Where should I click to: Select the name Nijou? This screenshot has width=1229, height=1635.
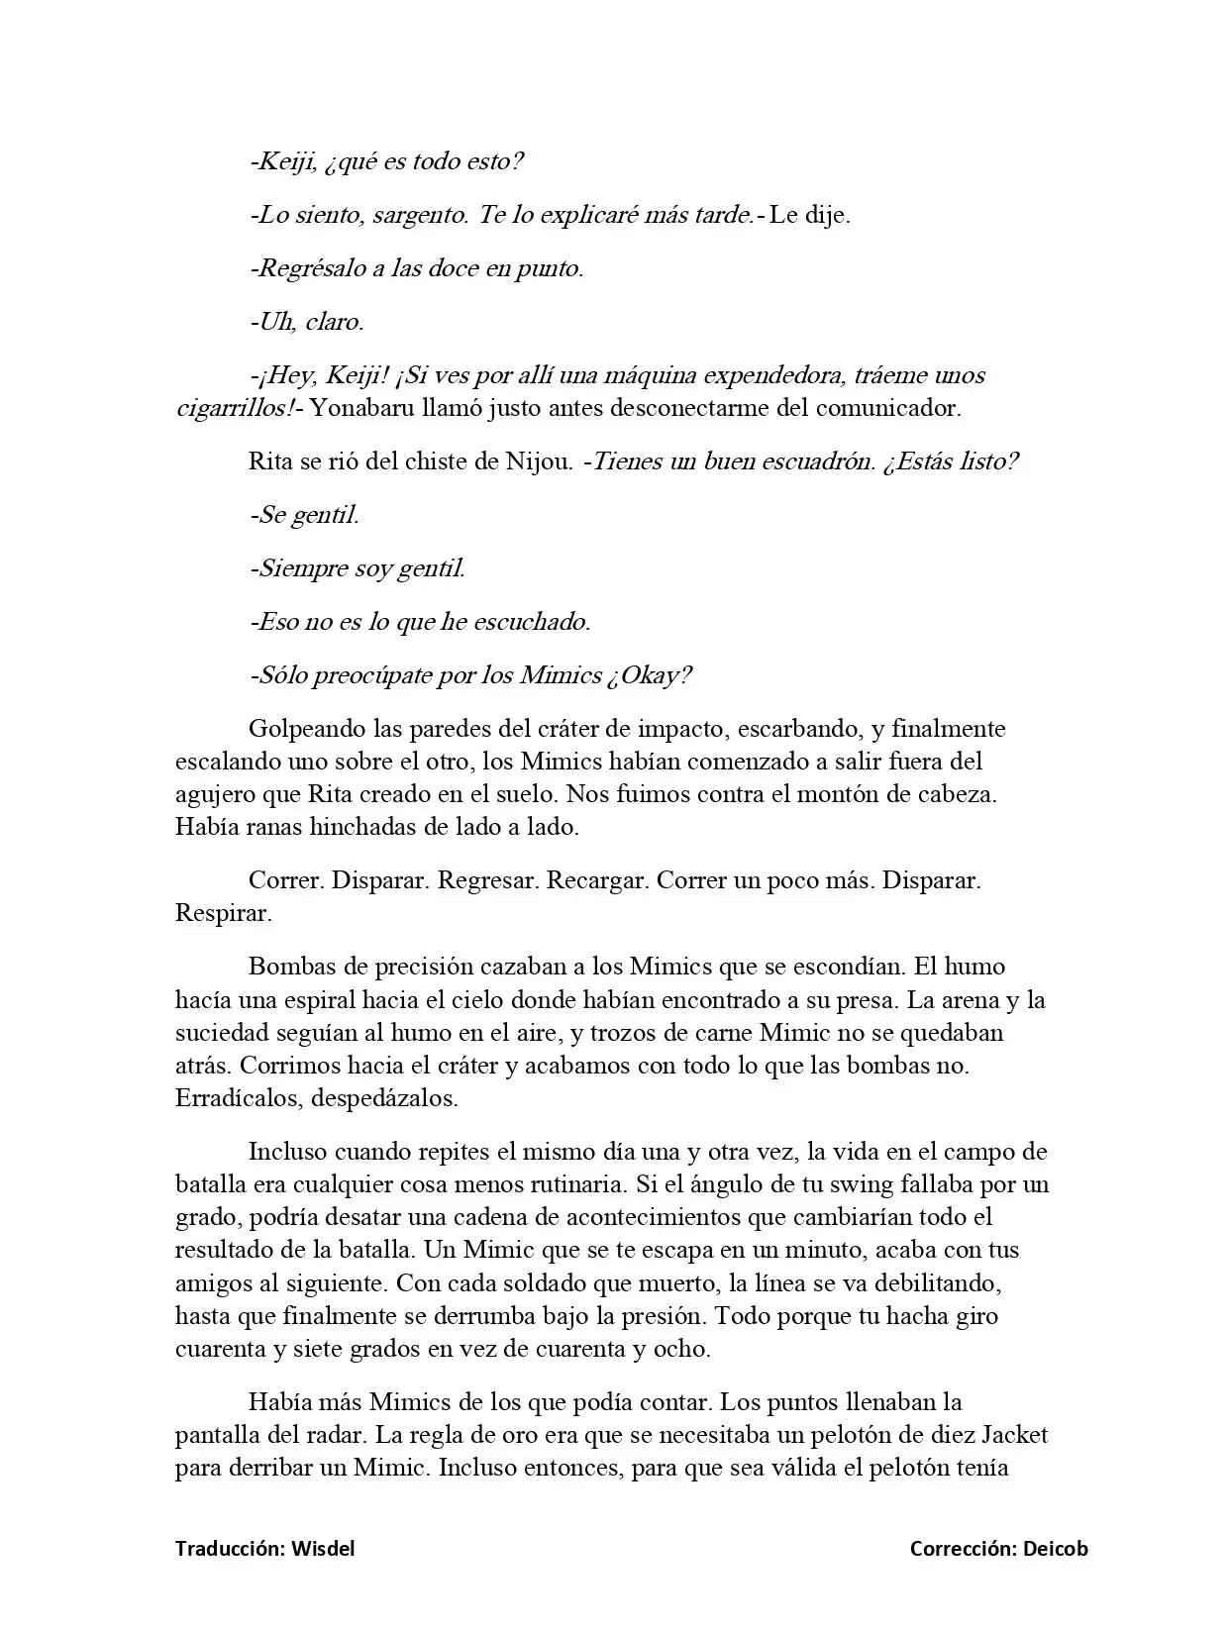538,461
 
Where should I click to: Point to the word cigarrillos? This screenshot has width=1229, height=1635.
233,408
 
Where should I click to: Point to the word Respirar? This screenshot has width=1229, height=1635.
223,913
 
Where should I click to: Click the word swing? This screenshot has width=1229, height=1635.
836,1184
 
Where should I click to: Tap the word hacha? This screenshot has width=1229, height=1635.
925,1316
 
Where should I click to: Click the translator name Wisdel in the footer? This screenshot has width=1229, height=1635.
322,1549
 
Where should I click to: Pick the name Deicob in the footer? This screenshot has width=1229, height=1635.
1054,1549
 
